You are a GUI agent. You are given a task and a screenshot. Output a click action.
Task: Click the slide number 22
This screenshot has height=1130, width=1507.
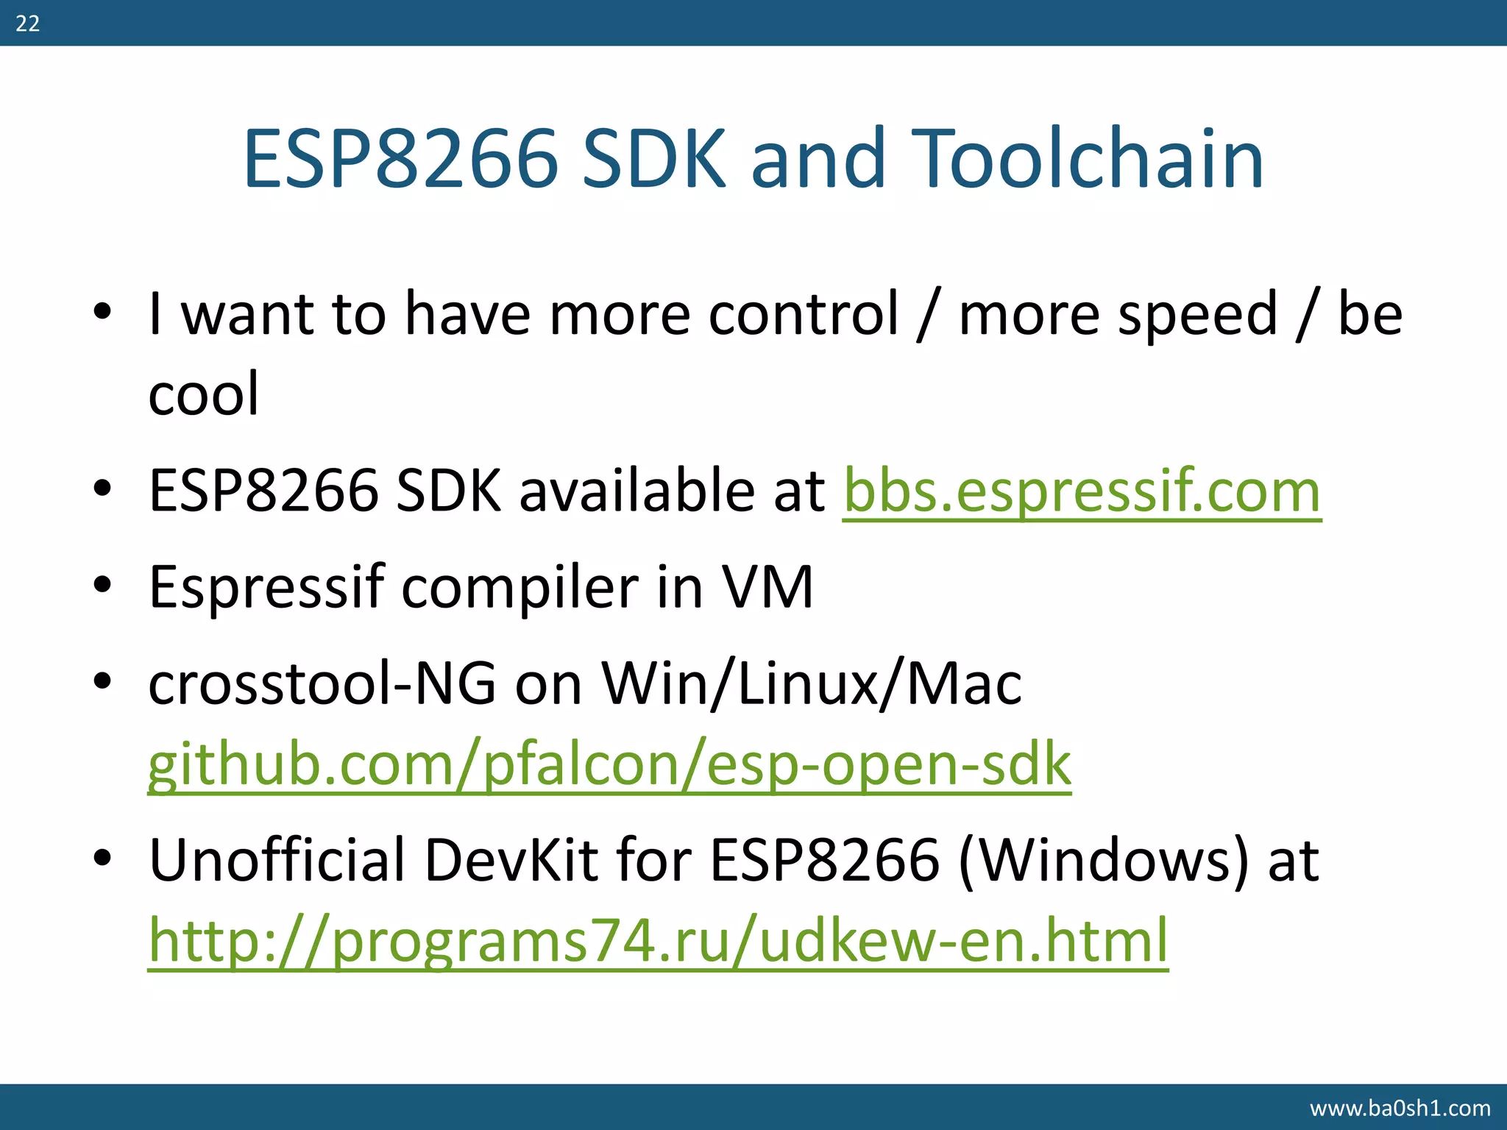[27, 24]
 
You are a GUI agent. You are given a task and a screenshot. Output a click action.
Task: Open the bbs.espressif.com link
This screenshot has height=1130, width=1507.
[1082, 491]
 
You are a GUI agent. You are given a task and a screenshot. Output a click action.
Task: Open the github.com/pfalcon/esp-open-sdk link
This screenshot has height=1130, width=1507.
[609, 765]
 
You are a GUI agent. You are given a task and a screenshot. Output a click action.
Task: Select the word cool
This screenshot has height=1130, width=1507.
[204, 394]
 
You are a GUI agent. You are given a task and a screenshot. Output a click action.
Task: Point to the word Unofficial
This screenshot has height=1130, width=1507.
[277, 859]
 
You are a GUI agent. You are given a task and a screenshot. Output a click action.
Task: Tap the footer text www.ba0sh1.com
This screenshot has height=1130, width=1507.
[1400, 1108]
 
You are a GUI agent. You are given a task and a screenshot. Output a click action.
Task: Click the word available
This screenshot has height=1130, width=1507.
[636, 491]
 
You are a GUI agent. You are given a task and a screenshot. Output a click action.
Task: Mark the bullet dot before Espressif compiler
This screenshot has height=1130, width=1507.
[102, 586]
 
